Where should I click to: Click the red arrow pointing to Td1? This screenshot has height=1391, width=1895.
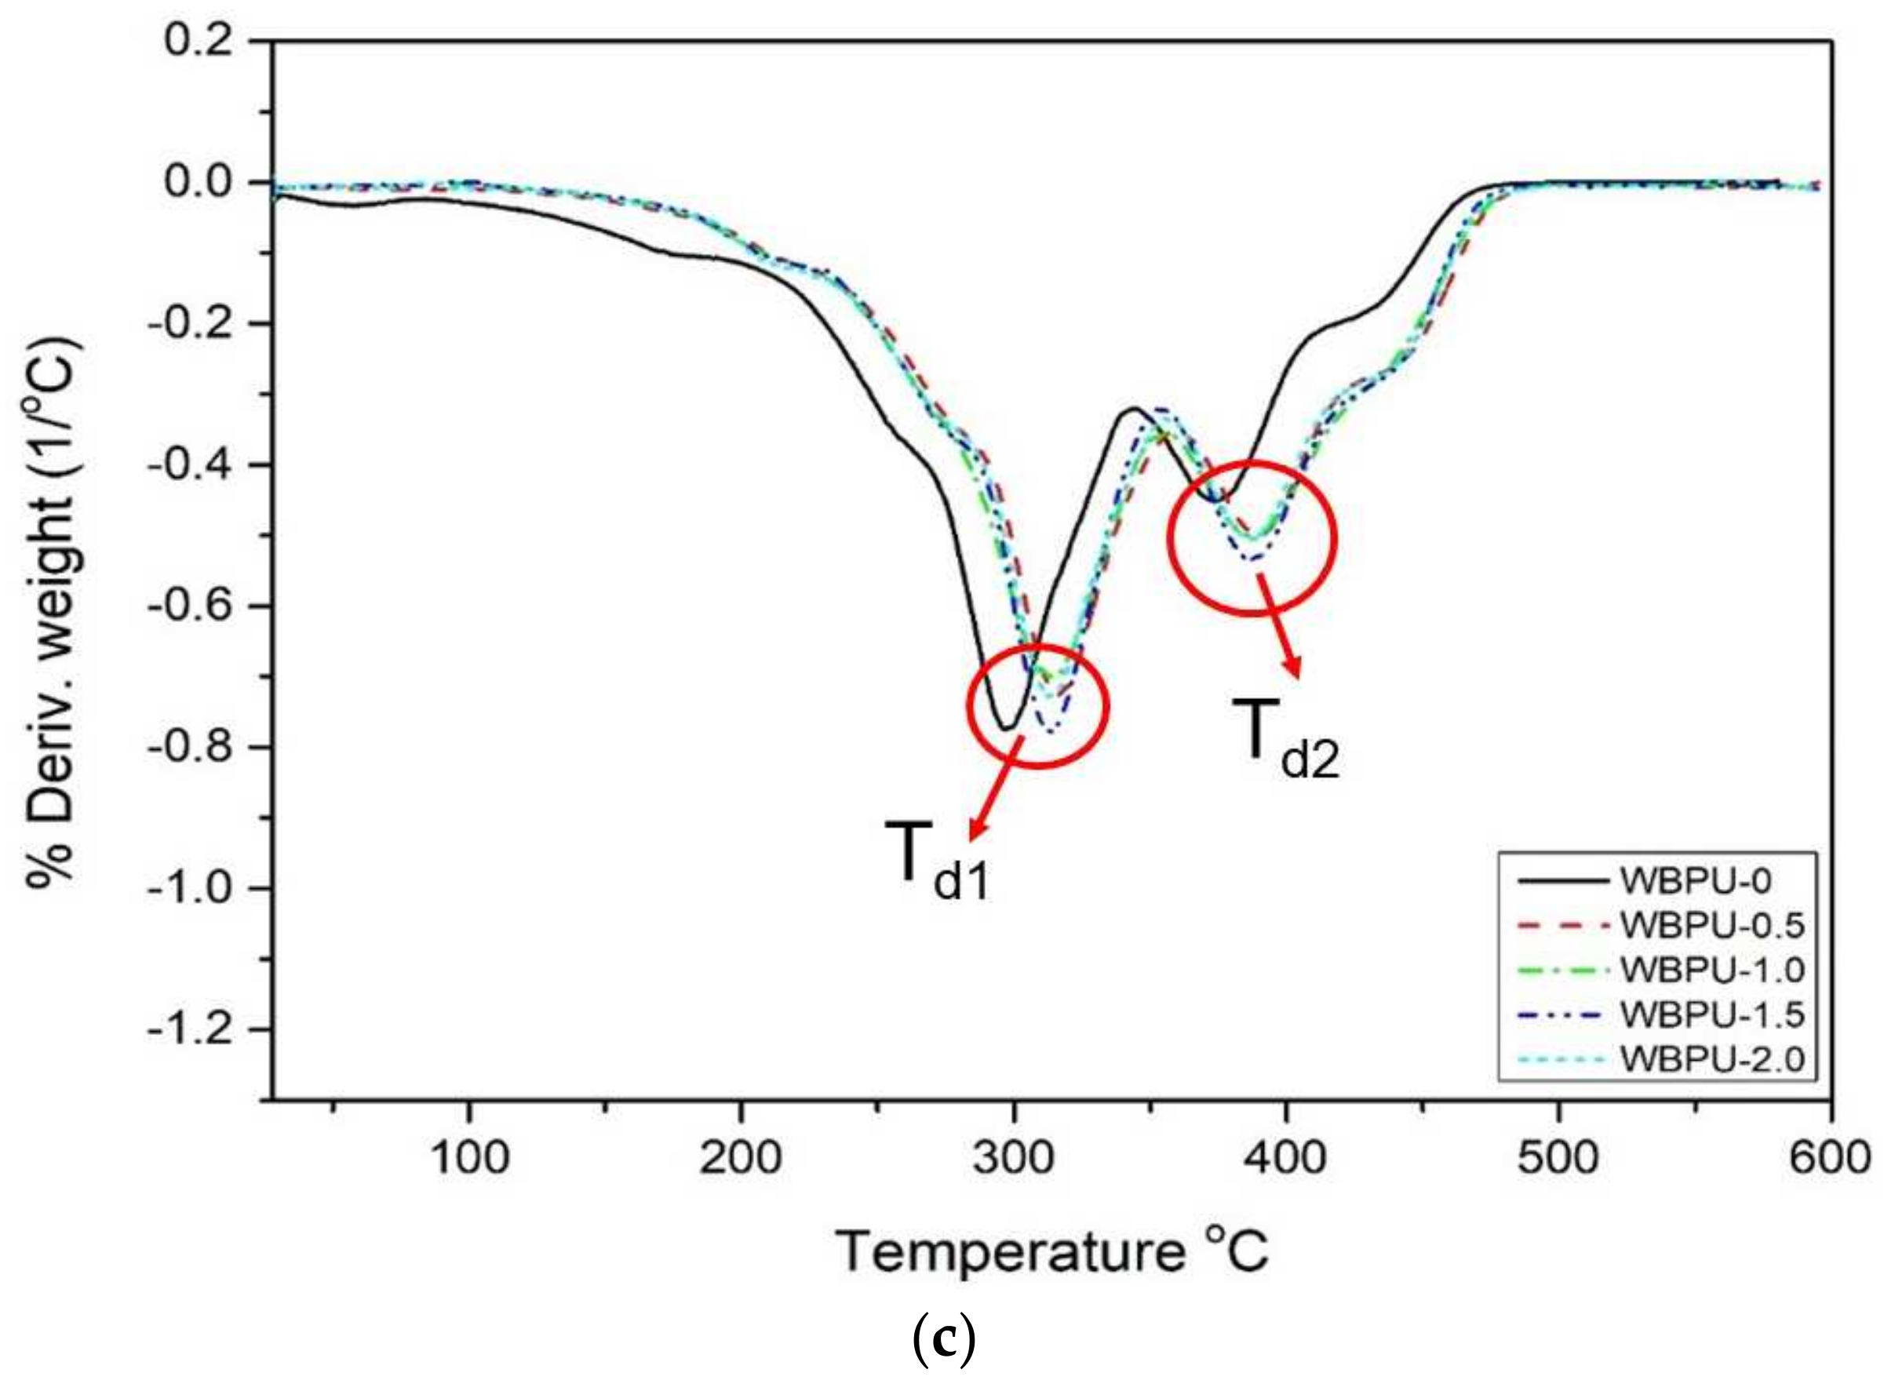click(x=997, y=787)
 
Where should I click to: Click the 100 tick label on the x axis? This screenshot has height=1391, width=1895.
click(x=469, y=1159)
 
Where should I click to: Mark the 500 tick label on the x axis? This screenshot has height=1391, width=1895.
click(x=1558, y=1159)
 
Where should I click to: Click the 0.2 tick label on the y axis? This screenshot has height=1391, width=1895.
click(x=199, y=42)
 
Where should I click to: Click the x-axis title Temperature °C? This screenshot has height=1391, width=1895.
click(x=1052, y=1252)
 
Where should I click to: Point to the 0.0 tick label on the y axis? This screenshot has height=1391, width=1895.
click(x=199, y=183)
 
